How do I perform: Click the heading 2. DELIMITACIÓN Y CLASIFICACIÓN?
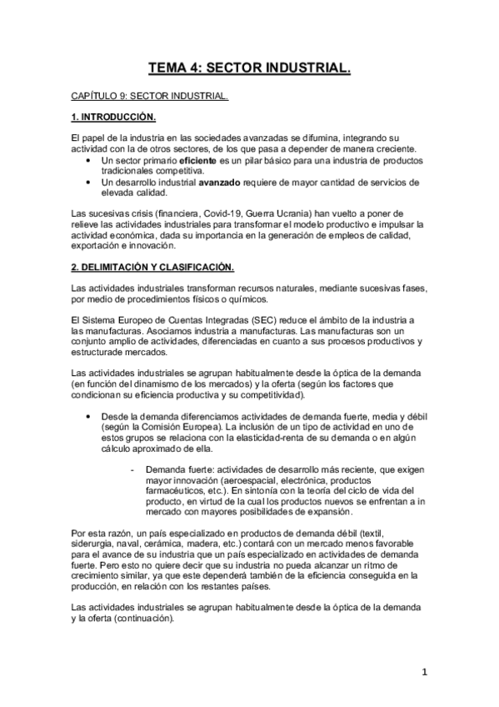click(152, 267)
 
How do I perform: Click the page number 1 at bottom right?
click(424, 670)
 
